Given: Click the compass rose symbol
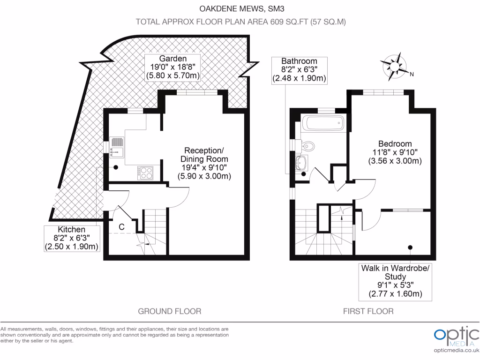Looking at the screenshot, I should click(x=394, y=66).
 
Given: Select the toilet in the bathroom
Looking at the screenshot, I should click(x=308, y=145).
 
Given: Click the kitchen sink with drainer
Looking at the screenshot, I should click(x=117, y=146).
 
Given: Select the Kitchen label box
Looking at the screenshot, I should click(x=72, y=238).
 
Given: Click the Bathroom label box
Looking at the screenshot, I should click(x=299, y=70).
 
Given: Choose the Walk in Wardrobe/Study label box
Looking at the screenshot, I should click(x=394, y=281).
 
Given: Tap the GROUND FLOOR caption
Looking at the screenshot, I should click(x=170, y=311).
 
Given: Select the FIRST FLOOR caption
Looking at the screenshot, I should click(x=368, y=311).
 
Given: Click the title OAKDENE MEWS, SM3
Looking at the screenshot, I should click(x=240, y=7).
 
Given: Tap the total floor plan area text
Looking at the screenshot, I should click(x=240, y=22).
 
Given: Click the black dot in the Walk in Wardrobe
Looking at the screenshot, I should click(x=410, y=247).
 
